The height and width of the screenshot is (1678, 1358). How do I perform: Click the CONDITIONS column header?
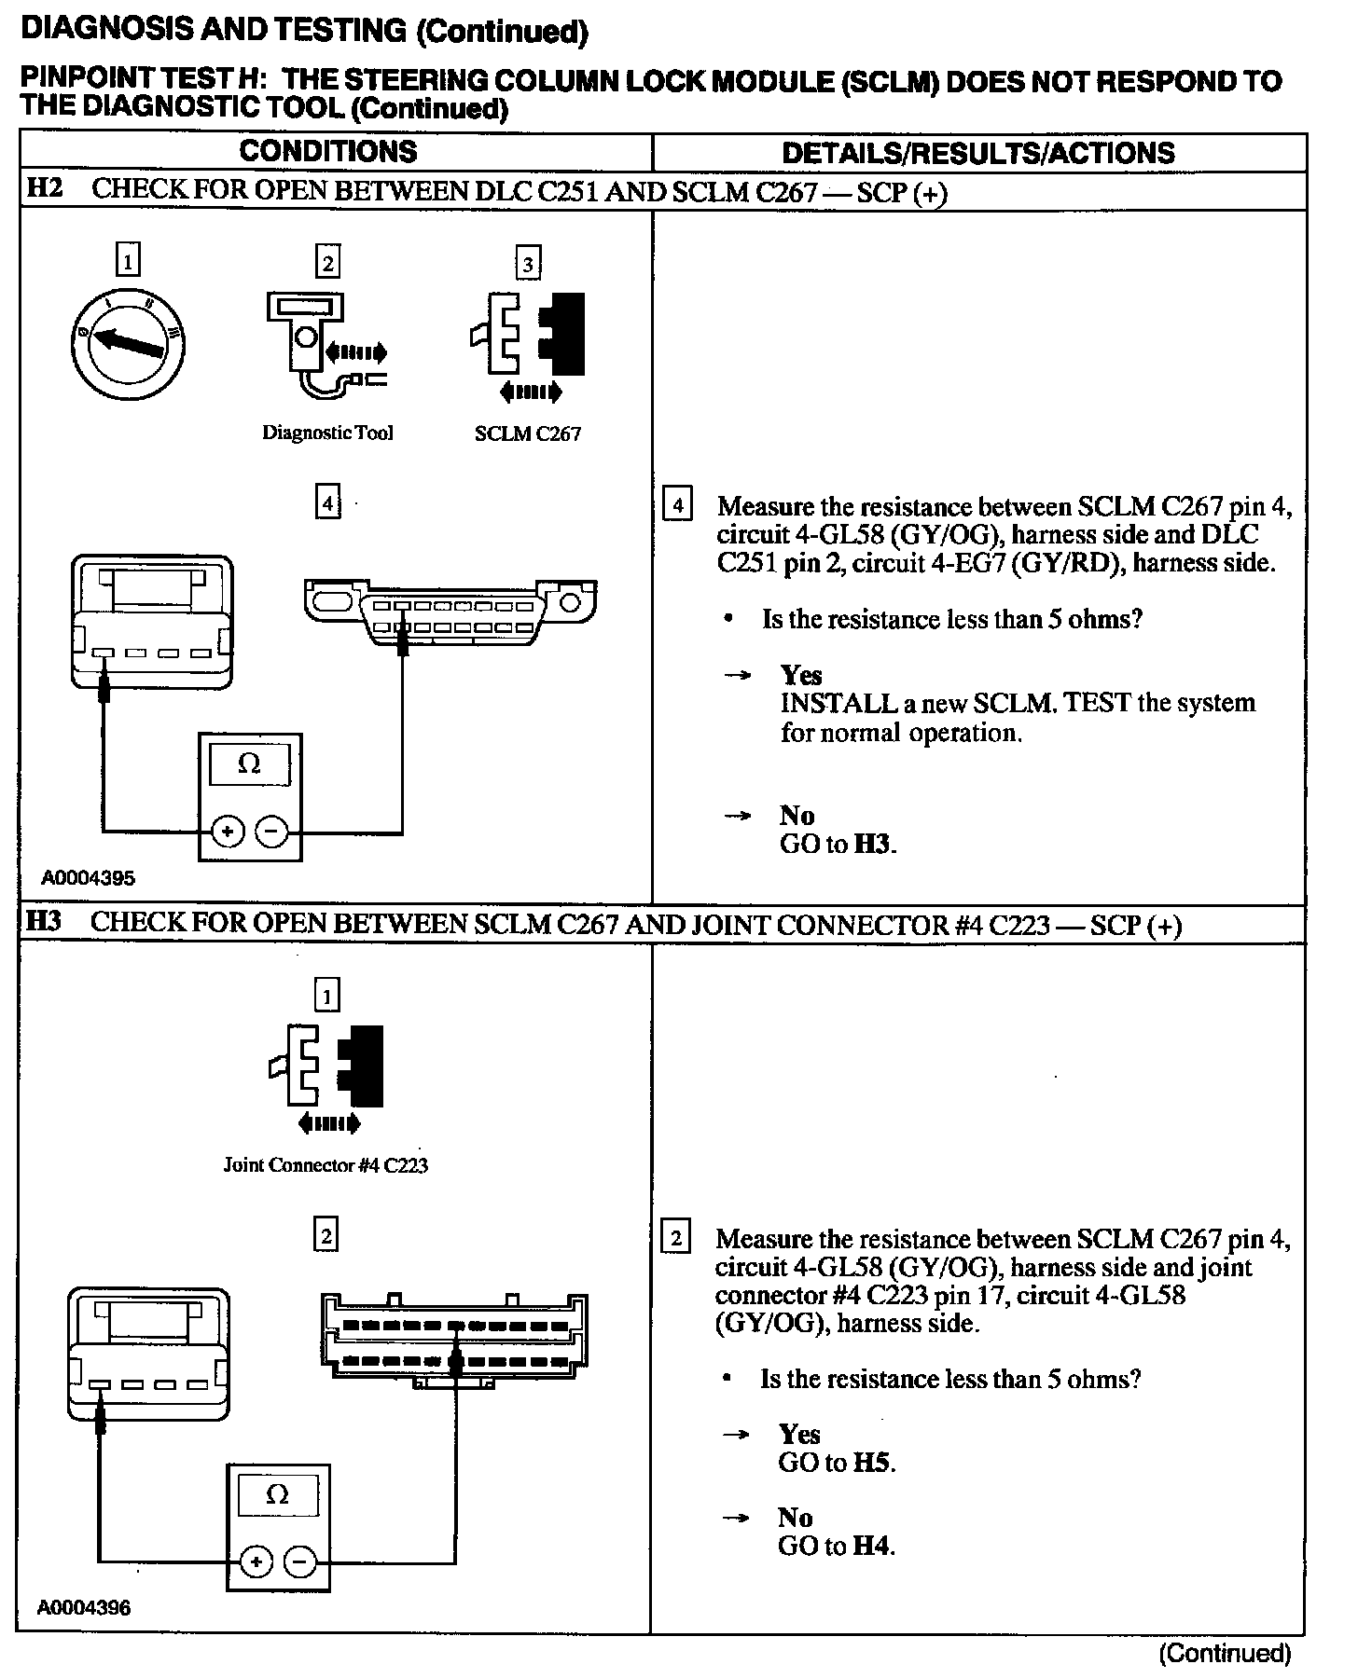[327, 152]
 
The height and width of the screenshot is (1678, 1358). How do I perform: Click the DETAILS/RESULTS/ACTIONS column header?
[977, 154]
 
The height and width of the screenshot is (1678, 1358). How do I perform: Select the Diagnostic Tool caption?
[327, 433]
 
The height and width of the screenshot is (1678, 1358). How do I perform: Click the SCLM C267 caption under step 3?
[528, 434]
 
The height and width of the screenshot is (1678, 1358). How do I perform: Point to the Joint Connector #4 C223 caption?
[326, 1165]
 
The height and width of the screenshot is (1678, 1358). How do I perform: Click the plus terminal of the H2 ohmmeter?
[228, 832]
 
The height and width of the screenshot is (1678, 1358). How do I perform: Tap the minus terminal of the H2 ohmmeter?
[271, 832]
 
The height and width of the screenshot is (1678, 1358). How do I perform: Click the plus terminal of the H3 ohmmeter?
[256, 1561]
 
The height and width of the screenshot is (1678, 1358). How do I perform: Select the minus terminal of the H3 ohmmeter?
[299, 1561]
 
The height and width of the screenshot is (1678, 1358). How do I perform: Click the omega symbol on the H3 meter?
[277, 1495]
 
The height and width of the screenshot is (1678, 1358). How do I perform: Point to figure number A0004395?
[88, 878]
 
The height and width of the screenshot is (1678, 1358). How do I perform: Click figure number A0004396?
[84, 1608]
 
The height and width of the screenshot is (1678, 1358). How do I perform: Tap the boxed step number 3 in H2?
[528, 264]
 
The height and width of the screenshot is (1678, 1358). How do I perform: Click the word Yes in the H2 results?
[801, 675]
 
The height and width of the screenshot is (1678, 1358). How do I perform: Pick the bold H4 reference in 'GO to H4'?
[871, 1547]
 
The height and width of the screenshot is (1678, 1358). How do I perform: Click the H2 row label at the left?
[44, 188]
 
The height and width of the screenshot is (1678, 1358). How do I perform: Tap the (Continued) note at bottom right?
[1225, 1654]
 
